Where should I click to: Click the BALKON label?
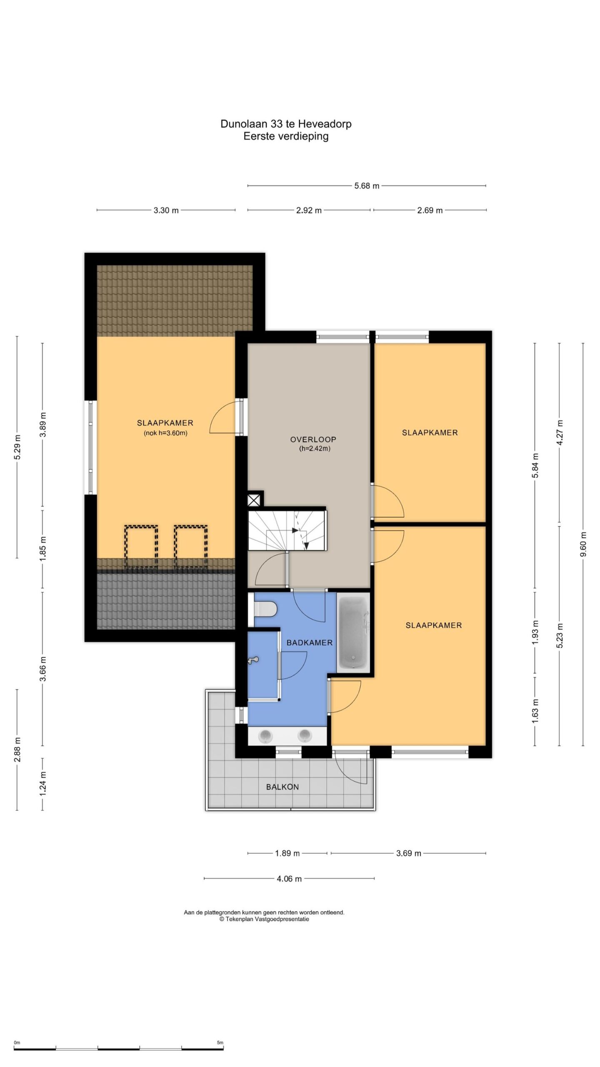pyautogui.click(x=282, y=787)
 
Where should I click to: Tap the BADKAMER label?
pyautogui.click(x=310, y=643)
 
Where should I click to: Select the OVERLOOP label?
pyautogui.click(x=313, y=439)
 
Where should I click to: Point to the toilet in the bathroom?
pyautogui.click(x=266, y=610)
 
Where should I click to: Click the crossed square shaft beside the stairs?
pyautogui.click(x=254, y=500)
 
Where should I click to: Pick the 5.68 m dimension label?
pyautogui.click(x=367, y=186)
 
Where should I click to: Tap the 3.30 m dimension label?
pyautogui.click(x=166, y=210)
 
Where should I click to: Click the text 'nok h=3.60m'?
pyautogui.click(x=166, y=433)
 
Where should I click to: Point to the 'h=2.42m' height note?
pyautogui.click(x=315, y=449)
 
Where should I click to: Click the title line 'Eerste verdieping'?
pyautogui.click(x=286, y=136)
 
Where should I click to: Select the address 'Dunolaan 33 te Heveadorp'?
pyautogui.click(x=286, y=124)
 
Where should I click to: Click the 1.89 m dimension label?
pyautogui.click(x=287, y=853)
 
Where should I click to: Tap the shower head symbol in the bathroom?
pyautogui.click(x=253, y=660)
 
